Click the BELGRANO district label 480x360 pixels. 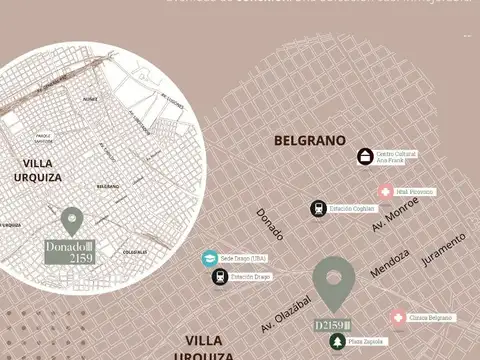click(309, 141)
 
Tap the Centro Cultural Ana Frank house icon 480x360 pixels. click(366, 156)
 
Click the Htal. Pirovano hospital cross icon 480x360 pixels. click(385, 191)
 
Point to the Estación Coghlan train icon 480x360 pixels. click(317, 208)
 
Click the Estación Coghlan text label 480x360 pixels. click(351, 208)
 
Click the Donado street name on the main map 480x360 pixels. click(270, 224)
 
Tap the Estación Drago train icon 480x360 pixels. click(219, 277)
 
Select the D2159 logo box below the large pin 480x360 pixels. click(334, 325)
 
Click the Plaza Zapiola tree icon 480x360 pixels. click(338, 342)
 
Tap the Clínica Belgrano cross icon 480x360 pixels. click(398, 318)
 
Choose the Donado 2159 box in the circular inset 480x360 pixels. click(69, 251)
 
